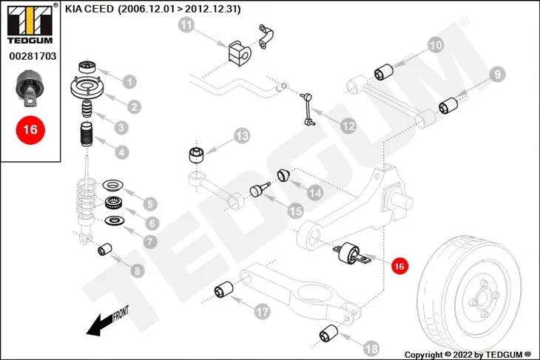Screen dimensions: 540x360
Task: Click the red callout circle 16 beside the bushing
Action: pos(399,265)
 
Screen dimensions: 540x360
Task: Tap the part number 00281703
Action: pos(33,56)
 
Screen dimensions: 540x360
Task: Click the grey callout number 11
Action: pos(186,25)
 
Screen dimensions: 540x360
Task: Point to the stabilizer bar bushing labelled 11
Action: pos(240,53)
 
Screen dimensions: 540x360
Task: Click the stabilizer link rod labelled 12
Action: pos(306,109)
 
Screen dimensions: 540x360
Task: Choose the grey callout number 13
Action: pos(241,136)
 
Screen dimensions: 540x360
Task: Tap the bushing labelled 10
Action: pos(384,72)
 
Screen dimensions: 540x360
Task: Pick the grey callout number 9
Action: pos(497,75)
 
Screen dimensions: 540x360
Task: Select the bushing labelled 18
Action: pos(328,333)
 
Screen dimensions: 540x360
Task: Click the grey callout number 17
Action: pos(262,312)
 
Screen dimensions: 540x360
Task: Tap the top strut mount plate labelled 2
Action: pos(87,88)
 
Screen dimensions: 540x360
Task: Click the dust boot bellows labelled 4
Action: pos(87,135)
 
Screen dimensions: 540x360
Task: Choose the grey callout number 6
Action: pos(152,223)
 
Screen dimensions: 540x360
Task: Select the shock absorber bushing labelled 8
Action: pos(105,249)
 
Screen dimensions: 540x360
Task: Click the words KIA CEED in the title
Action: pos(90,9)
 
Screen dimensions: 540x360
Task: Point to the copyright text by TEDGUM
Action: pos(468,355)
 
